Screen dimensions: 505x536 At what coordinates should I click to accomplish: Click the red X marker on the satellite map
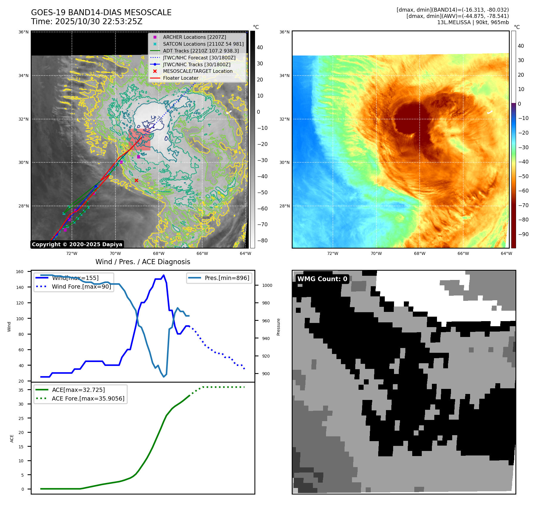(136, 181)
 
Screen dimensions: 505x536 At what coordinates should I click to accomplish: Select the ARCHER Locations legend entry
(194, 37)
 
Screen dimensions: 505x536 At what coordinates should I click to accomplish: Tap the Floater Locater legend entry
(180, 78)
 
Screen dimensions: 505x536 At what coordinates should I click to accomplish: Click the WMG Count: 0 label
(322, 279)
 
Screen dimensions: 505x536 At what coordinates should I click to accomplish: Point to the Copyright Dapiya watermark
(77, 244)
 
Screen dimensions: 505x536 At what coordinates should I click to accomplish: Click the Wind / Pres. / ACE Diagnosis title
(143, 262)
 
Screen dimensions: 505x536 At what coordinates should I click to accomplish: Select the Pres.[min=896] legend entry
(227, 278)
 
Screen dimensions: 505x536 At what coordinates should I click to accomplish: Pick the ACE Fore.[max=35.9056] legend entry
(88, 398)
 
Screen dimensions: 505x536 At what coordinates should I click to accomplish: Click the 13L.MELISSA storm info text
(473, 22)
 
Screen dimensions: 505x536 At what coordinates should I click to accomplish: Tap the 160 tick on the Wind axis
(20, 272)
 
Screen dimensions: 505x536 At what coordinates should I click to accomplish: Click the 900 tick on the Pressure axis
(266, 374)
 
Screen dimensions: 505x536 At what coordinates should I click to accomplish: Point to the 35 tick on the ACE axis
(21, 390)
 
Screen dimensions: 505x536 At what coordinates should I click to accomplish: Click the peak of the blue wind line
(163, 275)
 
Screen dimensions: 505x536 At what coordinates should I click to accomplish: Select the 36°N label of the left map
(24, 32)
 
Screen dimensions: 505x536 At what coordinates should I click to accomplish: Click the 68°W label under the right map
(419, 253)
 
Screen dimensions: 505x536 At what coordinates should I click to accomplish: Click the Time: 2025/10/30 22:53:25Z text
(86, 21)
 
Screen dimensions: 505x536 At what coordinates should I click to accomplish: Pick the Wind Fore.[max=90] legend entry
(81, 287)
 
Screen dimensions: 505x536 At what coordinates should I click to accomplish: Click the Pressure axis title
(278, 327)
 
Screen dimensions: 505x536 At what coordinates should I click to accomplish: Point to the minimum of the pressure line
(164, 377)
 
